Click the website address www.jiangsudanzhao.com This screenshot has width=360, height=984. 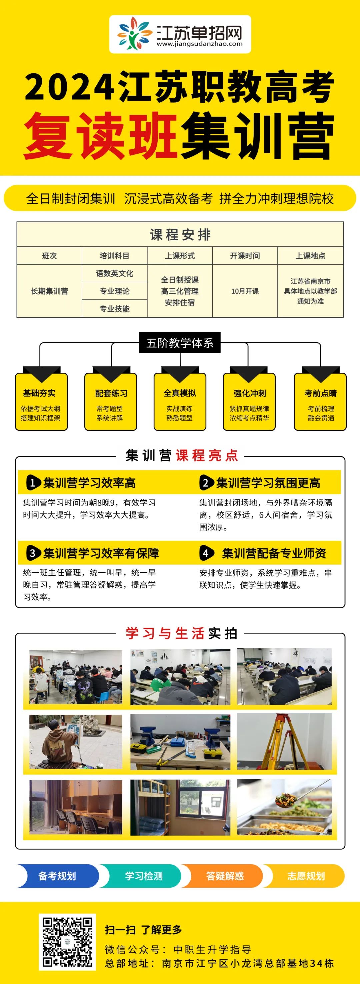[x=199, y=44]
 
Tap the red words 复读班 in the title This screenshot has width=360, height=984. [x=100, y=136]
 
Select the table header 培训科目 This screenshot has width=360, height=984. [x=114, y=256]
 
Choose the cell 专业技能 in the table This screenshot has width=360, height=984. [x=114, y=309]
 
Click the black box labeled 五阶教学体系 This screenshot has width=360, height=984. [x=180, y=343]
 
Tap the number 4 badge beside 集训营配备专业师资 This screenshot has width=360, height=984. [x=206, y=553]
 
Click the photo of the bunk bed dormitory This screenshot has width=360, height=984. [x=180, y=807]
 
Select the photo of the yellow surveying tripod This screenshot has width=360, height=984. [x=284, y=741]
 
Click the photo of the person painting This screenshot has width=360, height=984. [x=76, y=741]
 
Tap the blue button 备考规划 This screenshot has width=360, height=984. [x=57, y=876]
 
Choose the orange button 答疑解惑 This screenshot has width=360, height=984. [x=225, y=876]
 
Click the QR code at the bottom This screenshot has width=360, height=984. [x=67, y=942]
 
